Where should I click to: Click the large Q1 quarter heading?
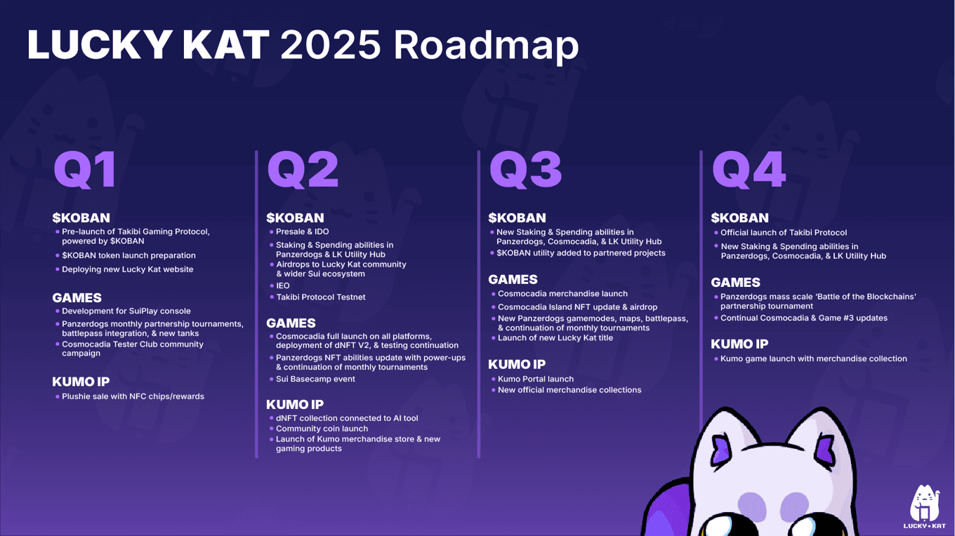[x=85, y=170]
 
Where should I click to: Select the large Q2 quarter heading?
[x=303, y=170]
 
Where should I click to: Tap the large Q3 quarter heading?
[x=525, y=170]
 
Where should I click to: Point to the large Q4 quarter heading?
[x=749, y=170]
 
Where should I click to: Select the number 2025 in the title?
[x=331, y=45]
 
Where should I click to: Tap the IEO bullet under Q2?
[x=283, y=286]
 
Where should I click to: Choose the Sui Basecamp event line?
[x=315, y=379]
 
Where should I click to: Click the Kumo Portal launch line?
[x=536, y=379]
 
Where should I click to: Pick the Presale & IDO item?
[x=302, y=232]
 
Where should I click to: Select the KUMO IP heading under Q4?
[x=739, y=344]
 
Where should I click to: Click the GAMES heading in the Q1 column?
[x=77, y=297]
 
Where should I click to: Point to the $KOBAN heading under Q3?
[x=517, y=217]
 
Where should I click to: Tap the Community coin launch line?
[x=322, y=429]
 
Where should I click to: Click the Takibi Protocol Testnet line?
[x=321, y=297]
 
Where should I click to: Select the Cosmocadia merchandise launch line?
[x=562, y=293]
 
